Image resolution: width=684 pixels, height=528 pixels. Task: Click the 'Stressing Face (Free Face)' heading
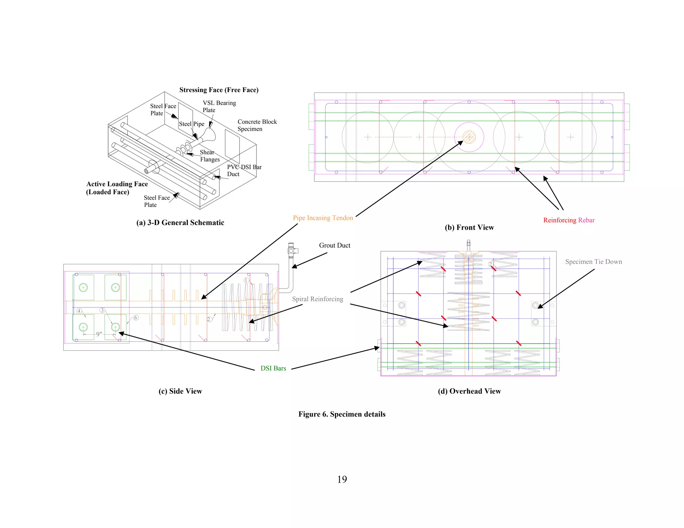(x=219, y=90)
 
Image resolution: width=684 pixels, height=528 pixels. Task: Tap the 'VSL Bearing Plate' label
(x=219, y=106)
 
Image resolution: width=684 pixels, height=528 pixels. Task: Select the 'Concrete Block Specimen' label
(x=257, y=125)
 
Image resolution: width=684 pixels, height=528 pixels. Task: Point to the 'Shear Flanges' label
(x=210, y=156)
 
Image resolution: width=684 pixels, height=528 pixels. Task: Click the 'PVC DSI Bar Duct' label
(x=244, y=171)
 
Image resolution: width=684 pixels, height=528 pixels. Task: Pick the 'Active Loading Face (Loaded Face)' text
(x=117, y=188)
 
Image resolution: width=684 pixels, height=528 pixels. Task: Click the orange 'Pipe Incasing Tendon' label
(x=323, y=218)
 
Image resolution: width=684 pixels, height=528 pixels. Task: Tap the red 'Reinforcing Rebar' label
(x=568, y=220)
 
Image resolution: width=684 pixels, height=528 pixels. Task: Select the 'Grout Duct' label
(x=334, y=245)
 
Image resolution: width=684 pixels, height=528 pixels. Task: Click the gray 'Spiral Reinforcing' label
(x=317, y=299)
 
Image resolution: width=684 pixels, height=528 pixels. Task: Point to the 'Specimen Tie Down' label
(x=593, y=262)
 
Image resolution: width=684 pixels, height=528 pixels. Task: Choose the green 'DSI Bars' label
(x=273, y=368)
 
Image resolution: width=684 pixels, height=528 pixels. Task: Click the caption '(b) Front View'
(x=469, y=228)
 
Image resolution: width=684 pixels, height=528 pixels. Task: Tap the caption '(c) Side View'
(x=180, y=391)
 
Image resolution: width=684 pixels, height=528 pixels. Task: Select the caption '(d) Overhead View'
(x=469, y=391)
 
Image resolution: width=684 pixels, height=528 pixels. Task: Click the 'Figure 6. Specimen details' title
(x=342, y=414)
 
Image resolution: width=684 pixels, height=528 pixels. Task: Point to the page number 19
(x=342, y=479)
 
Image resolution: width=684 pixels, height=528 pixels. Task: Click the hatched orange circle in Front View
(x=469, y=137)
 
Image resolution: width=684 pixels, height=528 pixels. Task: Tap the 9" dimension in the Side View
(x=99, y=334)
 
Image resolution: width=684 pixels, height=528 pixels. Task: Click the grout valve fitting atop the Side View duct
(x=292, y=250)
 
